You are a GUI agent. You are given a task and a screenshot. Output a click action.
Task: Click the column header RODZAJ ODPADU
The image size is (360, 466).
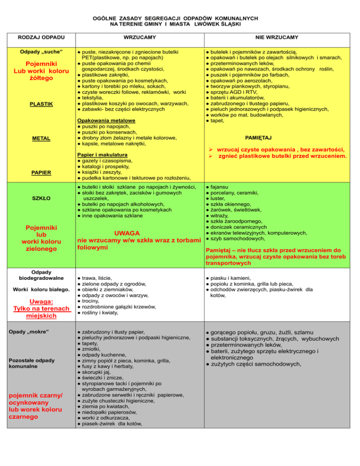(38, 36)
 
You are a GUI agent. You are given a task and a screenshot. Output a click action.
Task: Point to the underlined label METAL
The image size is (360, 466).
(38, 139)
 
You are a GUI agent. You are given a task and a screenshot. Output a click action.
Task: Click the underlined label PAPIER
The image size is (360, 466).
(38, 173)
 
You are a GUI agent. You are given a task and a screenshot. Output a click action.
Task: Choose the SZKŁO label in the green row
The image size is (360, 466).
(38, 198)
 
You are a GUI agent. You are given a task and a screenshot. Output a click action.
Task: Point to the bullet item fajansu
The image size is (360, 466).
(219, 187)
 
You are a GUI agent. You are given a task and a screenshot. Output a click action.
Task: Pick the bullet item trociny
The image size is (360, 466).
(92, 301)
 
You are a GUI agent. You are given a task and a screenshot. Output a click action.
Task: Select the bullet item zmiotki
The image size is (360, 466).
(93, 349)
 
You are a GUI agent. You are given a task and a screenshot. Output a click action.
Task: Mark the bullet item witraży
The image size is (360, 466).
(219, 215)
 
